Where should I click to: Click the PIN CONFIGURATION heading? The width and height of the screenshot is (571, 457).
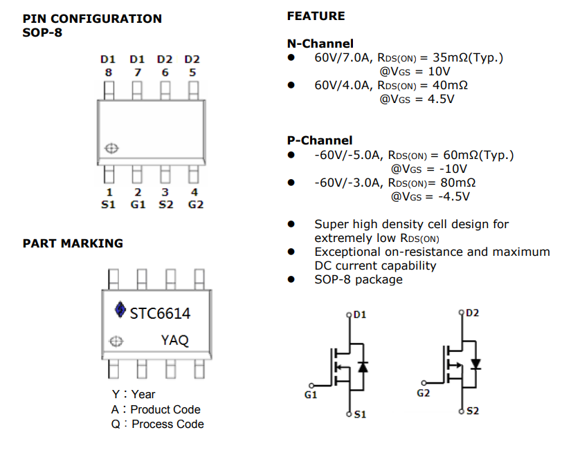[92, 19]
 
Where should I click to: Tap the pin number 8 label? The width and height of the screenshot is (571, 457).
[109, 71]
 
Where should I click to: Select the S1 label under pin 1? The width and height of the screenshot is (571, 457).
[109, 205]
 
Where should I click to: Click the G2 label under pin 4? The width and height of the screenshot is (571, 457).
[196, 205]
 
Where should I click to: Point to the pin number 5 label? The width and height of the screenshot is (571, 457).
[192, 71]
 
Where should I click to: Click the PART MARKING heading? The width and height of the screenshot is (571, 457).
[73, 243]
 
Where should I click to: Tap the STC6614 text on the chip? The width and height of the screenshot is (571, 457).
[160, 314]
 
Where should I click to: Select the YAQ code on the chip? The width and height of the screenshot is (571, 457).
[174, 340]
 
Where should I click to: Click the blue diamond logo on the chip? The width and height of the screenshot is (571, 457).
[119, 311]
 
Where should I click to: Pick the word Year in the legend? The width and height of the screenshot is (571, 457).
[143, 394]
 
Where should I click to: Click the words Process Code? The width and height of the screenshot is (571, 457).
[167, 424]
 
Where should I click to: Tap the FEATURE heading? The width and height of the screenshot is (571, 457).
[316, 16]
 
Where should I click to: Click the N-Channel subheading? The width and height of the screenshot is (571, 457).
[320, 44]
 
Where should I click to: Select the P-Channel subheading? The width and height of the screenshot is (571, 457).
[320, 140]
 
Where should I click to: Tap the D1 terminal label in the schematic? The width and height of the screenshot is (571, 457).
[360, 315]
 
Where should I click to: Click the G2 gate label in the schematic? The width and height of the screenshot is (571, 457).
[424, 393]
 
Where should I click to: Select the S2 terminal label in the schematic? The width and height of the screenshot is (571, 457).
[473, 411]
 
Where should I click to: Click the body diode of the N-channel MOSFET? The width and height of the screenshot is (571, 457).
[363, 367]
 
